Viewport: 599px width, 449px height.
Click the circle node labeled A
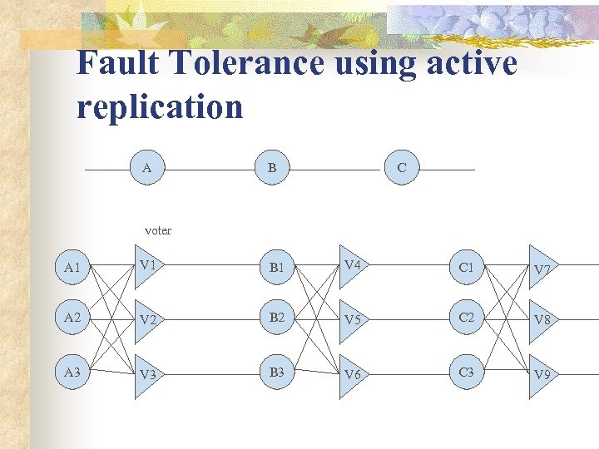coord(147,169)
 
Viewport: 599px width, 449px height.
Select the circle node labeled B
coord(273,169)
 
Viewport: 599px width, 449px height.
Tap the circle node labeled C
coord(402,169)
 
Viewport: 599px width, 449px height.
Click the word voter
coord(158,230)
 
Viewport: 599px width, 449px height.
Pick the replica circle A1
coord(72,268)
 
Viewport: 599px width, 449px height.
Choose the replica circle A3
coord(72,373)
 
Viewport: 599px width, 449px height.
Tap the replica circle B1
coord(277,268)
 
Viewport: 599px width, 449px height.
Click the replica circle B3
coord(277,372)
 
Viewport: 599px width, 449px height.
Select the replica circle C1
coord(467,268)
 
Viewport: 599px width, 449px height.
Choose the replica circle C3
coord(467,372)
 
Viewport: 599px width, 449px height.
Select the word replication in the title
coord(160,106)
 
